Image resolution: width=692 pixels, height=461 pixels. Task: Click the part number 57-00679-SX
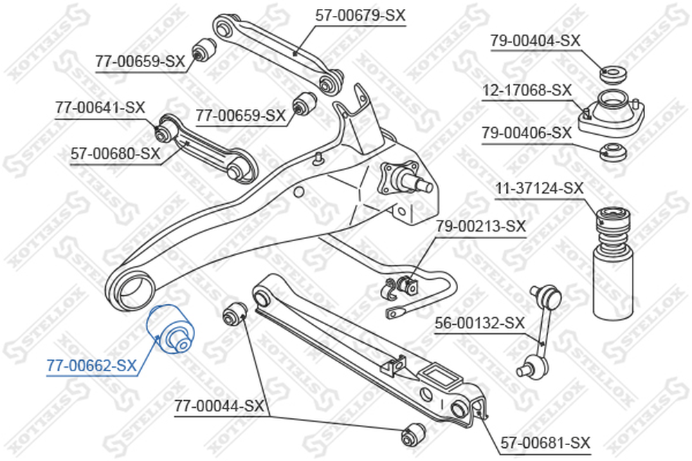pyautogui.click(x=360, y=16)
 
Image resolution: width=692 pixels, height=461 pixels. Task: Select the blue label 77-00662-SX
pyautogui.click(x=92, y=366)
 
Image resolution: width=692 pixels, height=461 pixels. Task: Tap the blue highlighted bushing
pyautogui.click(x=172, y=329)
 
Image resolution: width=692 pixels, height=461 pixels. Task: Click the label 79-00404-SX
pyautogui.click(x=536, y=41)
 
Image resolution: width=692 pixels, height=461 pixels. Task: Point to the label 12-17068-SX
pyautogui.click(x=527, y=91)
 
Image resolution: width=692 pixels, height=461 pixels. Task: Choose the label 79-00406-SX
pyautogui.click(x=527, y=133)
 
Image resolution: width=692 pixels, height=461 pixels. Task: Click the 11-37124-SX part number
pyautogui.click(x=539, y=189)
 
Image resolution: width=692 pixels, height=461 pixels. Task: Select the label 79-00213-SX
pyautogui.click(x=481, y=227)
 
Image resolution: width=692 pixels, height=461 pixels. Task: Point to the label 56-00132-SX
pyautogui.click(x=480, y=323)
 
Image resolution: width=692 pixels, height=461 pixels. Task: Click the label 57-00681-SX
pyautogui.click(x=545, y=442)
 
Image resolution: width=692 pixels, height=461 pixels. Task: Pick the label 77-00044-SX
pyautogui.click(x=219, y=406)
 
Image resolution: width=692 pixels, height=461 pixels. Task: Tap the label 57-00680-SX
pyautogui.click(x=116, y=154)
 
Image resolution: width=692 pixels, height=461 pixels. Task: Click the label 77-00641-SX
pyautogui.click(x=100, y=107)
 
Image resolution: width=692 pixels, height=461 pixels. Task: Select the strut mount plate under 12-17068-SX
pyautogui.click(x=611, y=114)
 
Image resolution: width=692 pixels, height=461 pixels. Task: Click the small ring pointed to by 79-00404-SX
pyautogui.click(x=613, y=73)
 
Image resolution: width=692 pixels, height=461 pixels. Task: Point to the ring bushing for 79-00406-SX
pyautogui.click(x=612, y=153)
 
